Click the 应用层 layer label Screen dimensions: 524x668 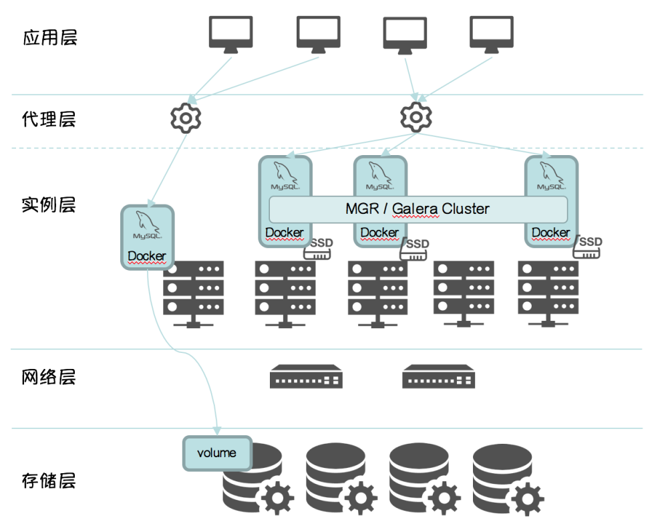(50, 37)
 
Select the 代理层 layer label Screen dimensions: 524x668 (50, 120)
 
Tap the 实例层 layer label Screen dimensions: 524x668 (50, 205)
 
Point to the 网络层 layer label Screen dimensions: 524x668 (50, 377)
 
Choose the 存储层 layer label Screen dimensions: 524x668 (50, 480)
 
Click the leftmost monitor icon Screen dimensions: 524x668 (230, 34)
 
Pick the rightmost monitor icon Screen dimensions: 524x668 (491, 34)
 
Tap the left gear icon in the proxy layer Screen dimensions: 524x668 (186, 118)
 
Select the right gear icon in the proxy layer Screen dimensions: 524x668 (415, 117)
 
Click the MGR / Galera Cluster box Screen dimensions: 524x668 (417, 209)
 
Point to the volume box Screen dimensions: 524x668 (217, 453)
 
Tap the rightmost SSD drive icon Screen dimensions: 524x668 (589, 247)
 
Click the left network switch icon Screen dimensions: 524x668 (306, 376)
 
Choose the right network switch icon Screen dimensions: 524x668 (439, 376)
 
